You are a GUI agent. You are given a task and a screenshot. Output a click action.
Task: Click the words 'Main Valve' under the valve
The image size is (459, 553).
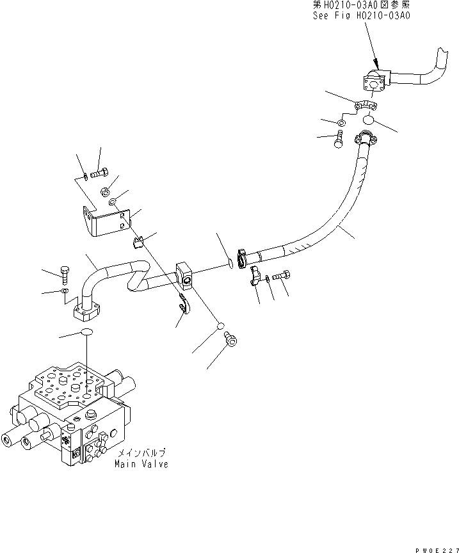[x=141, y=464]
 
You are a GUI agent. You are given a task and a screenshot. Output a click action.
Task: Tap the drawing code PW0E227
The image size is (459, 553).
[x=437, y=547]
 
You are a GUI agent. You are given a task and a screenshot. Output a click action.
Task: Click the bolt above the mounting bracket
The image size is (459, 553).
[x=100, y=172]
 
